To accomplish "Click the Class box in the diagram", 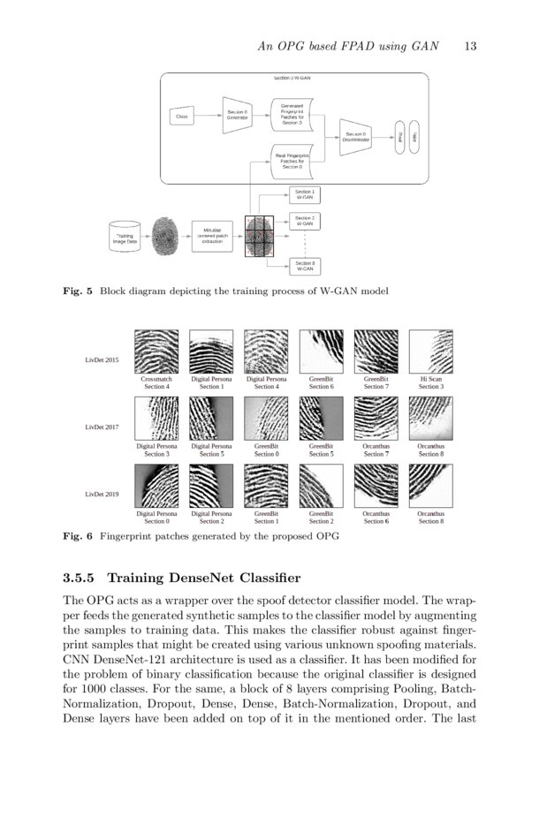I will coord(181,117).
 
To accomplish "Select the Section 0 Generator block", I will coord(236,116).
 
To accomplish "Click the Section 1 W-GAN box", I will coord(305,194).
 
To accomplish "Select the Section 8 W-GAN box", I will coord(305,266).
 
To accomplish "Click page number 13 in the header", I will coord(469,47).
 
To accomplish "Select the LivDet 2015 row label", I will coord(102,360).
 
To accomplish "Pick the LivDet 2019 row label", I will coord(102,494).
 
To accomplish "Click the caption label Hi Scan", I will coord(430,378).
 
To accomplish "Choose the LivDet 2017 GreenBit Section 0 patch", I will coord(265,419).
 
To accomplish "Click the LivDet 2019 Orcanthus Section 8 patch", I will coord(430,485).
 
